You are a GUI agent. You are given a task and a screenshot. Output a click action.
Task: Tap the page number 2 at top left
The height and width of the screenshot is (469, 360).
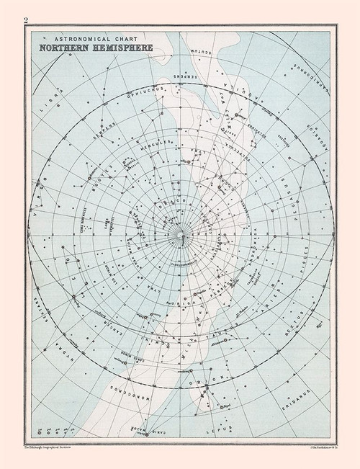pyautogui.click(x=27, y=19)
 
